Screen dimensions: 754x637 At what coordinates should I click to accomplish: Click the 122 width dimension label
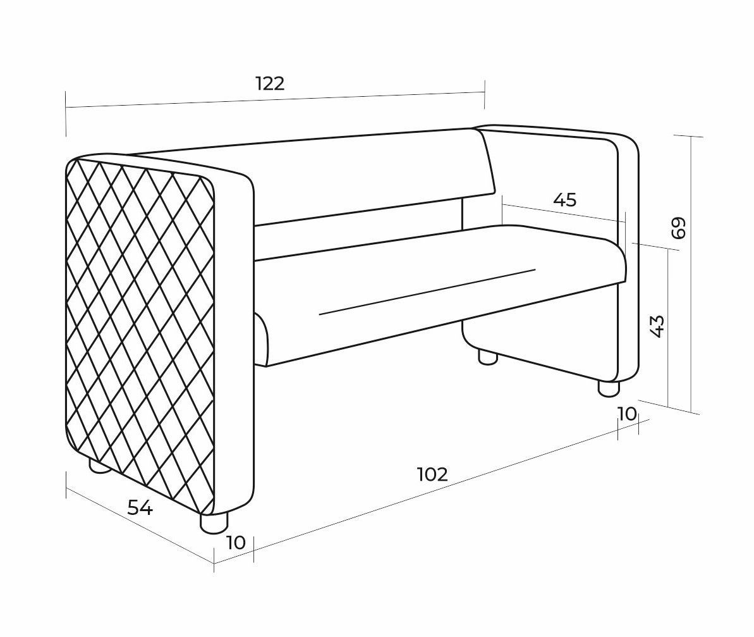click(x=270, y=83)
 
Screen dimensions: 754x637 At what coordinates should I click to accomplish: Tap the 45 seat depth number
click(x=564, y=200)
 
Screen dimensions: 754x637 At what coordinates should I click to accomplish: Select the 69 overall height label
click(x=679, y=228)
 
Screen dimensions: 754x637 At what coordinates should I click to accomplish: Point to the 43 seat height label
click(x=657, y=326)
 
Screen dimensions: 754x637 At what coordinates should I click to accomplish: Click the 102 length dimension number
click(x=433, y=474)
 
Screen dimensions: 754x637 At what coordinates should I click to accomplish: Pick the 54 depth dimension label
click(x=140, y=507)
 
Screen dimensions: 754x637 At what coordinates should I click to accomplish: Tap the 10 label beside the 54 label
click(x=236, y=543)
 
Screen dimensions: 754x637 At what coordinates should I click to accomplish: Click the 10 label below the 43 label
click(x=627, y=413)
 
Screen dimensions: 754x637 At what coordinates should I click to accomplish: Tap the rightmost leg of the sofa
click(x=609, y=388)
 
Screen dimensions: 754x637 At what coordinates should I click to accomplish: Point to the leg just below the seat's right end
click(x=487, y=357)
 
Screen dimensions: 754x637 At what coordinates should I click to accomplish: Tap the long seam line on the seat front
click(x=427, y=292)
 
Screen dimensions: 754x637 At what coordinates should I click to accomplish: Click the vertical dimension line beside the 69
click(x=691, y=275)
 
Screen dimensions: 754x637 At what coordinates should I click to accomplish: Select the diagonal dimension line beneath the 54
click(x=140, y=526)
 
